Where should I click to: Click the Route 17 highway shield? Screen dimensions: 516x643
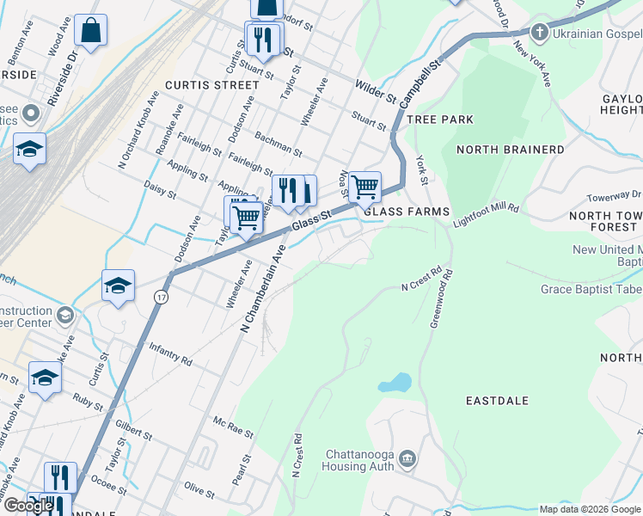point(161,297)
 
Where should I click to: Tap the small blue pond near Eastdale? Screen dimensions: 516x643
point(394,382)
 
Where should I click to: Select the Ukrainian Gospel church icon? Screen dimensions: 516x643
point(539,34)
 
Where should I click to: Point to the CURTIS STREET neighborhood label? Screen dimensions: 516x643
point(211,85)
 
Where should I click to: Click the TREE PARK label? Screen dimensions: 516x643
point(440,120)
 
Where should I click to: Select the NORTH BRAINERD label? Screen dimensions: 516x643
point(511,150)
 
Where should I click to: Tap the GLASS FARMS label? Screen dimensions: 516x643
point(407,212)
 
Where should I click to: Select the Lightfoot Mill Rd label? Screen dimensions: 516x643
point(487,215)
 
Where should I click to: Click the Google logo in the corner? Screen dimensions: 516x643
point(28,506)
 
